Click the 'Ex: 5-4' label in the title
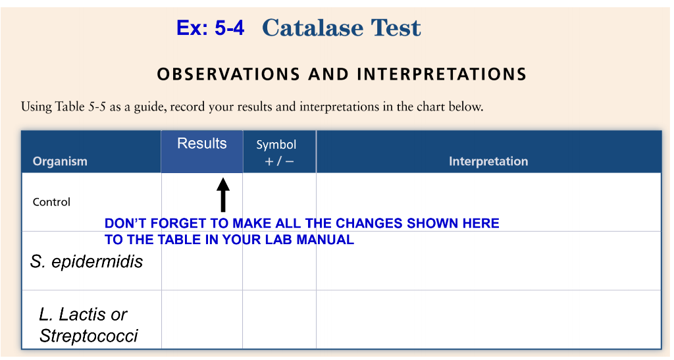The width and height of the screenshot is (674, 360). click(210, 28)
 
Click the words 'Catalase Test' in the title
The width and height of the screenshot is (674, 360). click(341, 28)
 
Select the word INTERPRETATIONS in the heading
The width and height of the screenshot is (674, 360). click(442, 74)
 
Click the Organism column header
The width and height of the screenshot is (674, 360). click(60, 161)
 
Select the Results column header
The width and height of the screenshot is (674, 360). click(202, 144)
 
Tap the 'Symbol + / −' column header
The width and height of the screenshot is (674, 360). click(276, 153)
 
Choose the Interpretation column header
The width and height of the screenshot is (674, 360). click(488, 161)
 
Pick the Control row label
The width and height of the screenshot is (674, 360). click(51, 202)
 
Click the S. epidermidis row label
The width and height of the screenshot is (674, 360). click(86, 262)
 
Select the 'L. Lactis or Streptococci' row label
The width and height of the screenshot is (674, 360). click(88, 325)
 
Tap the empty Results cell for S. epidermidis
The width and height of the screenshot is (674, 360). click(202, 267)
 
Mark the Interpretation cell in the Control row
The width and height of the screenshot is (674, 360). click(488, 197)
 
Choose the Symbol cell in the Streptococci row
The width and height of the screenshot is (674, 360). click(279, 320)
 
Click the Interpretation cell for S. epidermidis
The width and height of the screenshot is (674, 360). click(488, 263)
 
